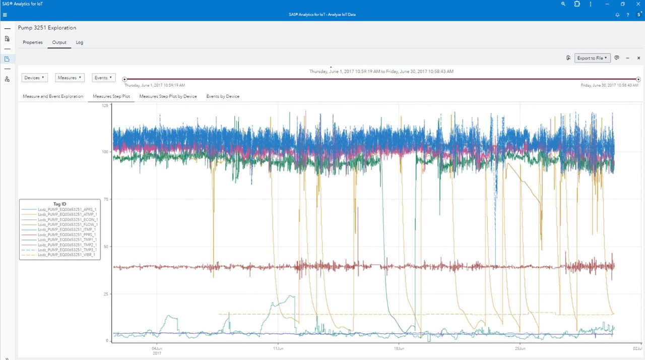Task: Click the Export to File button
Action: (x=592, y=58)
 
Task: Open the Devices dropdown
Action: (x=35, y=78)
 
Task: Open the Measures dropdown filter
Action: (x=70, y=78)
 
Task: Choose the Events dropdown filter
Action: (x=104, y=78)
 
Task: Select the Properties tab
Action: (x=33, y=42)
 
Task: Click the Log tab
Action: (x=80, y=42)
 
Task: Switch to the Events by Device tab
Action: (x=223, y=96)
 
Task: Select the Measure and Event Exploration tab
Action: (x=53, y=96)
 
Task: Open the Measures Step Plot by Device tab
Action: (x=168, y=96)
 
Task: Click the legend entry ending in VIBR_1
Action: (x=67, y=255)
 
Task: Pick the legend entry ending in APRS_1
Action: (x=67, y=210)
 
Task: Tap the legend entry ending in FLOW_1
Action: (x=68, y=225)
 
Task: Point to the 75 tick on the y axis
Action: (x=105, y=200)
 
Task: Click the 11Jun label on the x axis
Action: (x=278, y=348)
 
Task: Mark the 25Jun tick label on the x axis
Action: (x=521, y=348)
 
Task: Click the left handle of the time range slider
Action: (x=124, y=79)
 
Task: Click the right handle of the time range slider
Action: (x=638, y=79)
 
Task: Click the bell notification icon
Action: (x=617, y=15)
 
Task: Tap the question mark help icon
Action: (x=628, y=15)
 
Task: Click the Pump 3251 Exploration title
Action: (x=47, y=28)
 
